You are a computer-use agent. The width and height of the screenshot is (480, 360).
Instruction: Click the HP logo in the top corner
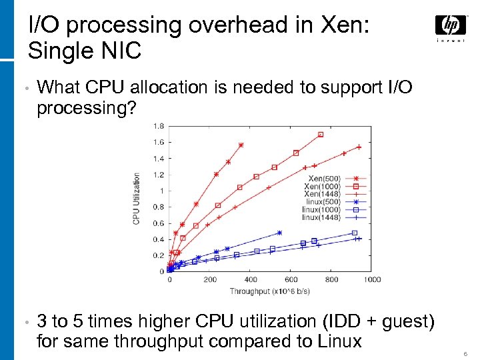[451, 26]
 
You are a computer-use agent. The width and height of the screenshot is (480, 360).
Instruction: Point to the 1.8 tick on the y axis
[159, 126]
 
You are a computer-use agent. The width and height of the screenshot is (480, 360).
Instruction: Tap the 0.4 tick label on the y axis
[159, 239]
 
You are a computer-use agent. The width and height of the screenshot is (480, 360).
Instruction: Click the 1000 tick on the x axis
[372, 279]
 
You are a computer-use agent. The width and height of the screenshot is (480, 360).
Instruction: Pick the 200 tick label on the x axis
[210, 279]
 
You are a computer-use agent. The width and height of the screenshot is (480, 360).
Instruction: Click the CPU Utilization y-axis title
[137, 198]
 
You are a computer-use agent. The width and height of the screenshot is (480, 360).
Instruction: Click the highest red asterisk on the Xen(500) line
[241, 145]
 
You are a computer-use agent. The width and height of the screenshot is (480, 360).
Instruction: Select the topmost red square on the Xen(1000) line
[320, 135]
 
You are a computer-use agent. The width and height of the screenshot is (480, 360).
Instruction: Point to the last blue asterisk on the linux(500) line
[279, 233]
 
